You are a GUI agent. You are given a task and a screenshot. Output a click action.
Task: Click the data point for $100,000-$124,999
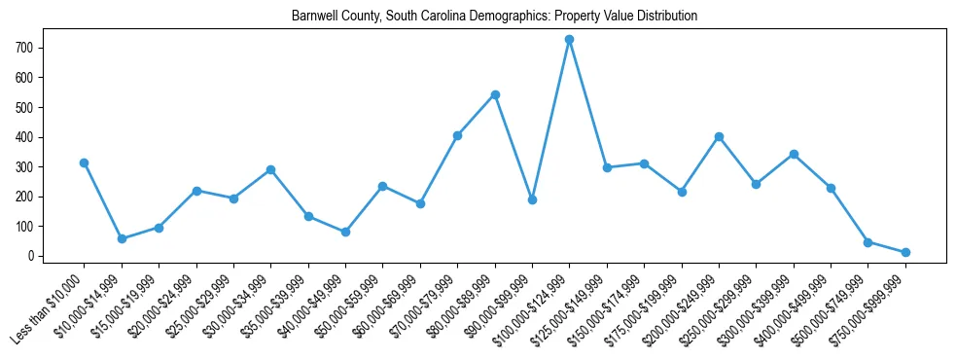(570, 39)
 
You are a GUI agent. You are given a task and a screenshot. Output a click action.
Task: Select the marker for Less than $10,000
(85, 162)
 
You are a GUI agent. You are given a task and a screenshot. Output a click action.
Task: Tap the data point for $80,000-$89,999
(495, 94)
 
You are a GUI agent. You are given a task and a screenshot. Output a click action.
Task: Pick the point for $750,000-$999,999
(905, 252)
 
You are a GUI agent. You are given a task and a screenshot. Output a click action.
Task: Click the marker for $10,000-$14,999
(122, 238)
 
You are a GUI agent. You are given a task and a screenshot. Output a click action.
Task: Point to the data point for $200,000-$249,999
(719, 136)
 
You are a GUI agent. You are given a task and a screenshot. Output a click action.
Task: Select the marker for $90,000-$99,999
(532, 199)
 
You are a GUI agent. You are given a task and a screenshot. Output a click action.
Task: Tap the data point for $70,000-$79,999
(457, 135)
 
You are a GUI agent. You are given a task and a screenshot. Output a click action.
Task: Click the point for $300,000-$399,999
(794, 154)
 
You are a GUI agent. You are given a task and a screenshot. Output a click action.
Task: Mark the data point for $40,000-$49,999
(345, 232)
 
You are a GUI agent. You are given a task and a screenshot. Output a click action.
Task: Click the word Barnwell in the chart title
(313, 17)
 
